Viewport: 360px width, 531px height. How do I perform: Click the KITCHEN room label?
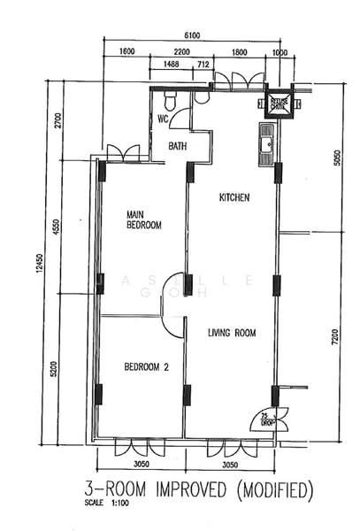234,198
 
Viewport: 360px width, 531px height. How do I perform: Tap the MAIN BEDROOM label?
143,219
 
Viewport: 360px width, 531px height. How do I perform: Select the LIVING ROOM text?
232,334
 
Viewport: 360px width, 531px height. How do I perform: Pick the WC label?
164,119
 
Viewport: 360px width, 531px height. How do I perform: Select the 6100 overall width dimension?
192,35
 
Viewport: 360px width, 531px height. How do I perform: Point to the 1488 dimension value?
172,65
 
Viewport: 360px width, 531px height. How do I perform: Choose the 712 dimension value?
203,65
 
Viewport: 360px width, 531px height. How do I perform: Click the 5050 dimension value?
334,158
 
